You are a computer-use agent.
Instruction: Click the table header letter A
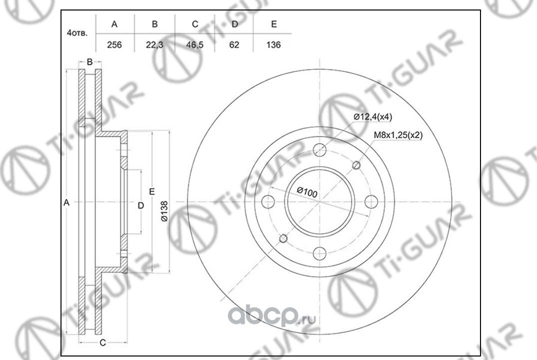coord(114,24)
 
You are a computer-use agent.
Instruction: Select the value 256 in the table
coord(114,44)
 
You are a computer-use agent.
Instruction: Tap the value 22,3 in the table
coord(154,44)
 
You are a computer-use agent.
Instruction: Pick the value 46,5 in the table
coord(194,44)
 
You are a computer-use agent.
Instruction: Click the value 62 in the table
coord(234,44)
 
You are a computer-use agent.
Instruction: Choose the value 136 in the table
coord(273,44)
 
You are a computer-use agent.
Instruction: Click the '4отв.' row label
coord(77,34)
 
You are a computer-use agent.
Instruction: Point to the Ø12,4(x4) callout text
coord(373,117)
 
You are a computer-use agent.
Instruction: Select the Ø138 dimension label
coord(163,211)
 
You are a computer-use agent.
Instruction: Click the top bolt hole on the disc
coord(320,150)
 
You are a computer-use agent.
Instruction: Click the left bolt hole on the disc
coord(268,202)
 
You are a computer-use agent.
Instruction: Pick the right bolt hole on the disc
coord(371,202)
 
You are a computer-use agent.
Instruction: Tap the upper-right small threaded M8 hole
coord(357,165)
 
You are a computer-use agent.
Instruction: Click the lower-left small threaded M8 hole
coord(283,238)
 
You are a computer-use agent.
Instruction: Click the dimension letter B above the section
coord(89,62)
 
